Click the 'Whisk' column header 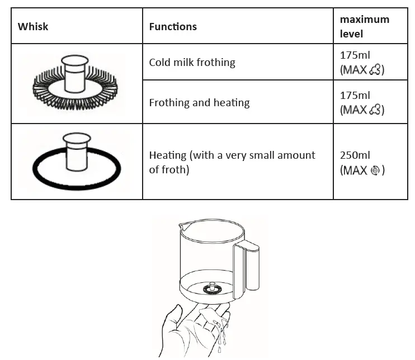coord(33,26)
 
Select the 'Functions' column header coord(173,26)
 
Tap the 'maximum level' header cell coord(365,26)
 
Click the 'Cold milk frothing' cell coord(192,62)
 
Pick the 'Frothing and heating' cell coord(199,102)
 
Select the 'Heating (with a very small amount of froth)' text coord(232,162)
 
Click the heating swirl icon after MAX coord(377,170)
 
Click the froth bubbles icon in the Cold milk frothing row coord(376,70)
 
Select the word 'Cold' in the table coord(160,62)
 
